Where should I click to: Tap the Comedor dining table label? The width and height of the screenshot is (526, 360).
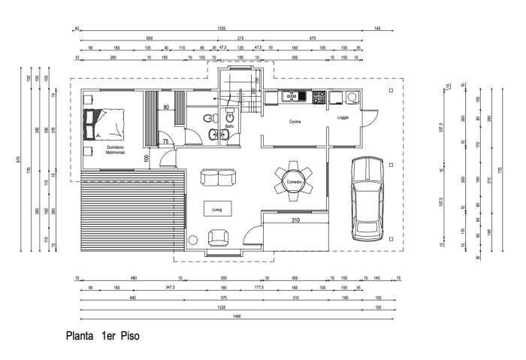(x=294, y=182)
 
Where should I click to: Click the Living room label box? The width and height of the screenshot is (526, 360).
(x=217, y=208)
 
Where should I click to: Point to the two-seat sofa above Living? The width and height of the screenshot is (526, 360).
(x=217, y=178)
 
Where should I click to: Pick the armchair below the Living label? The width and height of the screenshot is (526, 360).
(x=219, y=237)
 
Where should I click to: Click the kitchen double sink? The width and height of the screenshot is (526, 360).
(x=290, y=96)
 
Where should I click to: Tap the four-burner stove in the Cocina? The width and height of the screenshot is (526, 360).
(x=319, y=96)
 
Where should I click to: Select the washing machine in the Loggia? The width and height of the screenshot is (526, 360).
(x=352, y=96)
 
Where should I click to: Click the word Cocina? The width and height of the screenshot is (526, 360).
(x=295, y=120)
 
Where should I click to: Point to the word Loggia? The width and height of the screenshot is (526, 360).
(x=343, y=117)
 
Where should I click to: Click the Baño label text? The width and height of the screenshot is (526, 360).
(x=229, y=126)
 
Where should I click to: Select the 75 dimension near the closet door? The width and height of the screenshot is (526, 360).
(x=165, y=141)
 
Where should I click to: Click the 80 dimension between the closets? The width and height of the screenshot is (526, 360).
(x=165, y=107)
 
